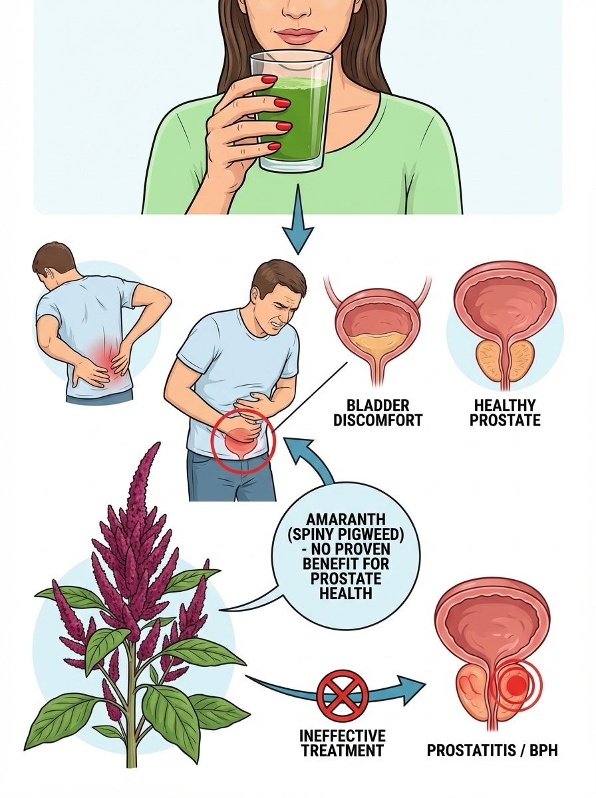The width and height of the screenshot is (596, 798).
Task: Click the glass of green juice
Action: click(x=293, y=113)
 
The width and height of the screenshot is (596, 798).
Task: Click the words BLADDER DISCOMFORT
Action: click(x=377, y=413)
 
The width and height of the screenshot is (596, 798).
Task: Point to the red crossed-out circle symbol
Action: click(x=341, y=693)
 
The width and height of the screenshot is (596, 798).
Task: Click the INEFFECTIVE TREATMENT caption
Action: click(x=342, y=742)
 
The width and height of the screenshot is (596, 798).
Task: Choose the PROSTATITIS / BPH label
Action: click(x=492, y=751)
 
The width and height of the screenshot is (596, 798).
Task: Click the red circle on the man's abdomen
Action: click(x=241, y=440)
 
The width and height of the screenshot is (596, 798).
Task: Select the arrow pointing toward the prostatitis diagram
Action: click(x=399, y=688)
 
